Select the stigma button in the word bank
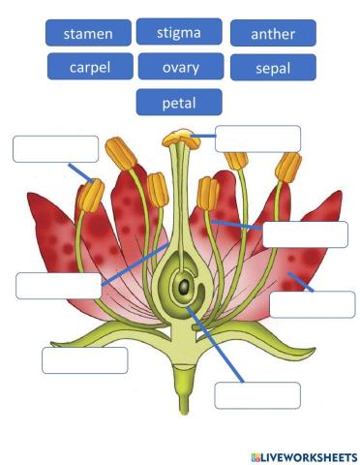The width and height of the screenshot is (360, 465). coord(179,33)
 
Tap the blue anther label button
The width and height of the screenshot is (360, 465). coord(273,34)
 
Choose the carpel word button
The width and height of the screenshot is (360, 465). coord(89,67)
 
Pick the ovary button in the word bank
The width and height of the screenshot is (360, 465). coord(179,67)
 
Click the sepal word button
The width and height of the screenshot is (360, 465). coord(273,68)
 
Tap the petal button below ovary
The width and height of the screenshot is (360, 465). coord(179,102)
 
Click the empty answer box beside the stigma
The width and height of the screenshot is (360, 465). coord(257,139)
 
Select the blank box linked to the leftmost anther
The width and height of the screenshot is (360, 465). coord(55,148)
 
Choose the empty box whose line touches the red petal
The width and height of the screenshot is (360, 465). coord(312,304)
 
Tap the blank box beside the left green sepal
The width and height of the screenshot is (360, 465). coord(84,360)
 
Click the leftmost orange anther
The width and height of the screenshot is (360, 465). coord(92,197)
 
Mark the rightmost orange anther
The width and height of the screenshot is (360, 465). coord(287,166)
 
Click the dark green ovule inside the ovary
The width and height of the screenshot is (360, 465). coord(181,288)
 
